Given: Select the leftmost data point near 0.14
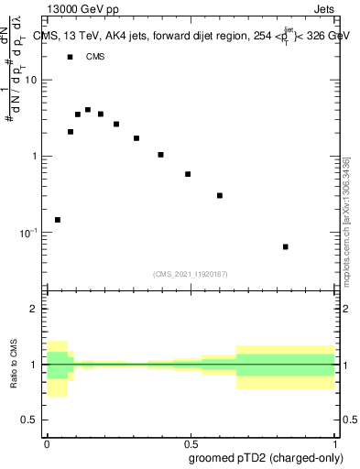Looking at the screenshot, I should (58, 220).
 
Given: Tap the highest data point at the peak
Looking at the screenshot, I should (88, 110).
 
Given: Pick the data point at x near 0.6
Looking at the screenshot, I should (220, 195).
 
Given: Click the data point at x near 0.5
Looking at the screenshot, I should (188, 174).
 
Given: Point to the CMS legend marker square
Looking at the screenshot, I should (70, 57).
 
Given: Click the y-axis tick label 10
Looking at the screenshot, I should (31, 80).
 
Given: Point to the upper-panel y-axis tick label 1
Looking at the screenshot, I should (34, 156).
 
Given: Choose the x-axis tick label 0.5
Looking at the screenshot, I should (190, 442).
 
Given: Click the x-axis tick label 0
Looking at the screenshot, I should (46, 442).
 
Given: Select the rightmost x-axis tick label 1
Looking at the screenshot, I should (334, 442).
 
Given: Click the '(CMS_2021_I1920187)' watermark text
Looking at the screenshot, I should (190, 273).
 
